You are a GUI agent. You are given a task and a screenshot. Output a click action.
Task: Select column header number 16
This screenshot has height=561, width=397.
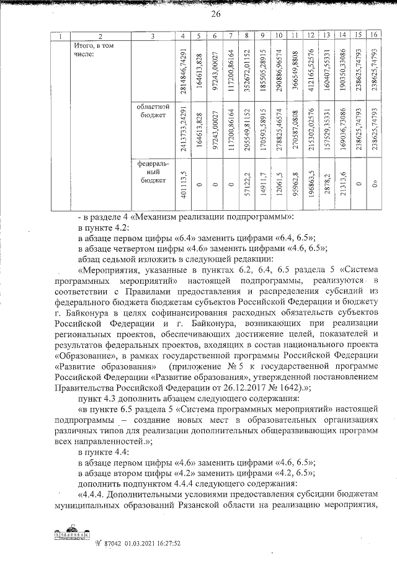372,37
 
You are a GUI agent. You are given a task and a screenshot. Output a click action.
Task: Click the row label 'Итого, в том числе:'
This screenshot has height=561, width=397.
94,50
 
